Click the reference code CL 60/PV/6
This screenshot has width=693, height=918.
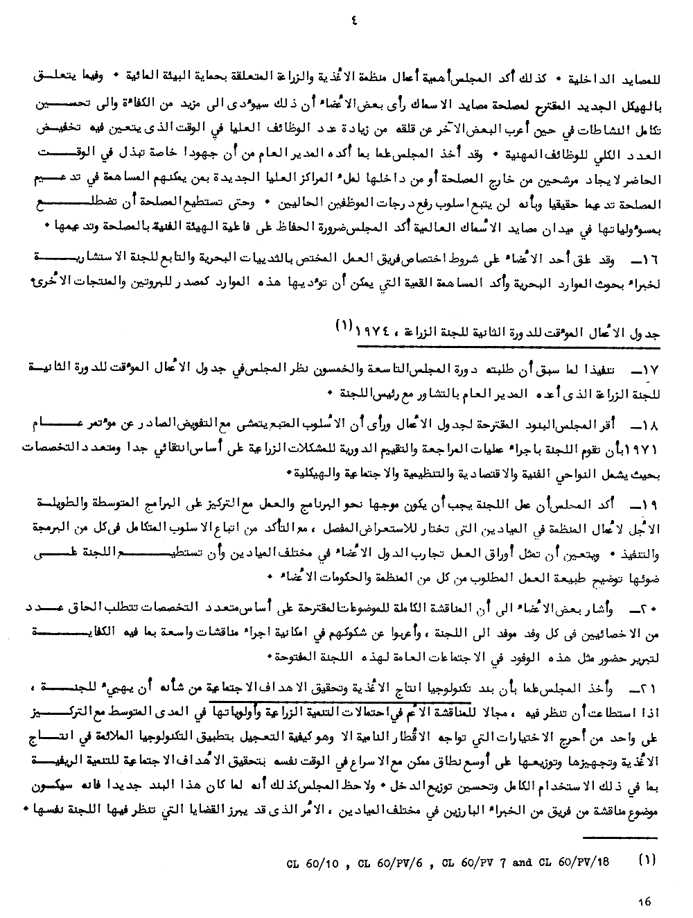[393, 863]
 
